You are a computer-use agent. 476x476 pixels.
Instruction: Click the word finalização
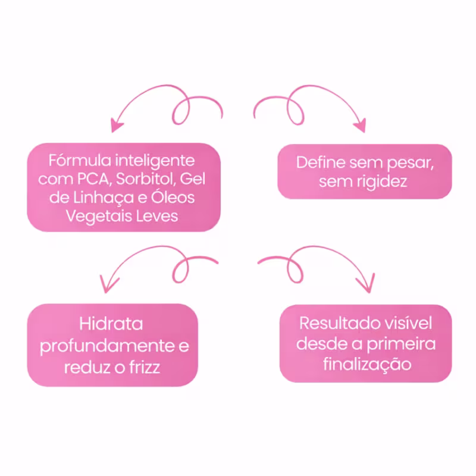(x=367, y=364)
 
